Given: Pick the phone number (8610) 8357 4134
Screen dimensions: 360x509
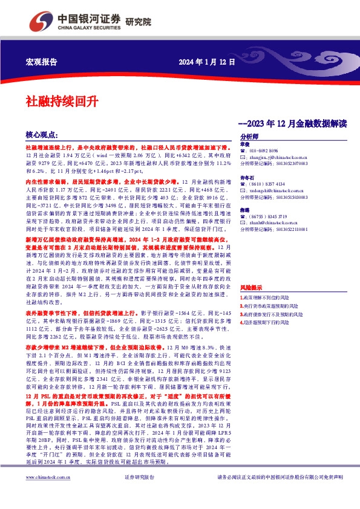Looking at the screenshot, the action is (x=266, y=183).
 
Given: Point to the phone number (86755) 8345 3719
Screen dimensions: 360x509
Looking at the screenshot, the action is (x=267, y=216).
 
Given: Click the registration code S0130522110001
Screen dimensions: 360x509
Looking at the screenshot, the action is (x=282, y=229).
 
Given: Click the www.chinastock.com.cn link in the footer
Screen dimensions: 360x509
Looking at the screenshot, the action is (x=42, y=494).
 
